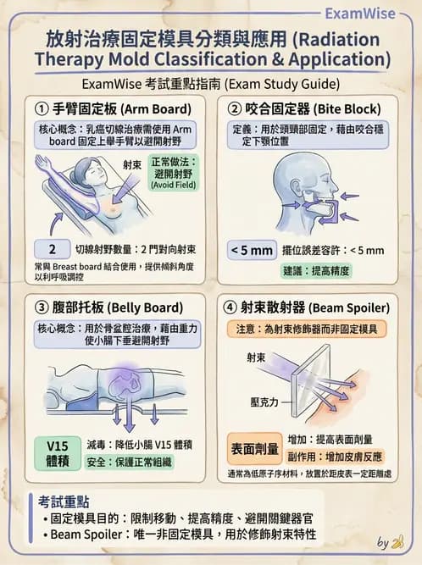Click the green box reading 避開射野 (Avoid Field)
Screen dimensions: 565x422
coord(173,173)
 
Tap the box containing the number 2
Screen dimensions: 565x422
coord(53,250)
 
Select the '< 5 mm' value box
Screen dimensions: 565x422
coord(252,250)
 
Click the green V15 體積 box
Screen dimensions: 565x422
coord(56,453)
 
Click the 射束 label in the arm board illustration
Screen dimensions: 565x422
coord(130,166)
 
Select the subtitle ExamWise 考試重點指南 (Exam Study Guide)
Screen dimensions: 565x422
coord(211,85)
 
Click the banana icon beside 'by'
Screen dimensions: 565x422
coord(397,541)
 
